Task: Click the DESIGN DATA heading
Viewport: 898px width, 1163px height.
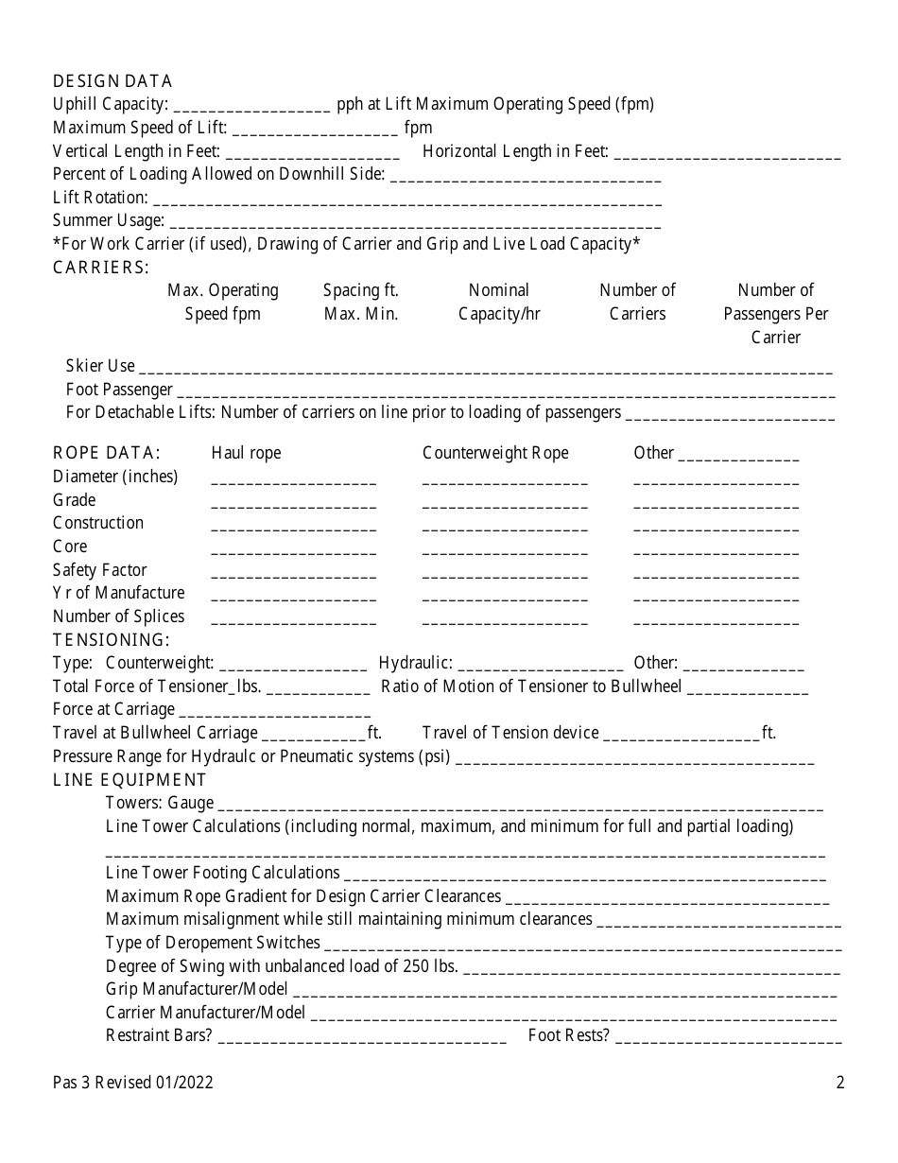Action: (x=112, y=81)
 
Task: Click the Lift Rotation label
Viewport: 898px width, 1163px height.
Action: (x=100, y=198)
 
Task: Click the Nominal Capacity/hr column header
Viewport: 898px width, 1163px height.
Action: (x=499, y=302)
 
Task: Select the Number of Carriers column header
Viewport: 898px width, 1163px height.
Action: (x=637, y=302)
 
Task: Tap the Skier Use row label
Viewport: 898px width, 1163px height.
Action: (x=100, y=366)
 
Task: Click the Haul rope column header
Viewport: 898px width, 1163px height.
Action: (x=246, y=453)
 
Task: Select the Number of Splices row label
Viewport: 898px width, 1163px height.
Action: (x=118, y=616)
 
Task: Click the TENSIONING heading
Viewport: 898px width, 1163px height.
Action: (x=111, y=640)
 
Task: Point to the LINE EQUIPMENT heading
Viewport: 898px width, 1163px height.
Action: (x=130, y=780)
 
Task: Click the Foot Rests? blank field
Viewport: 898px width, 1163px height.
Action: (x=728, y=1037)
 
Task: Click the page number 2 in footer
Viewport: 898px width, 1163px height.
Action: (x=839, y=1084)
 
